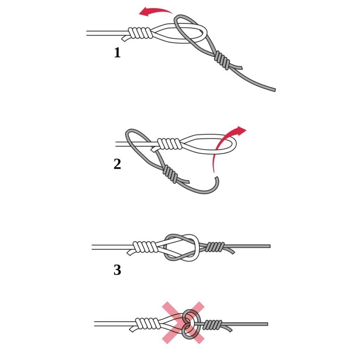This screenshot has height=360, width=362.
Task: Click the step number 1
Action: click(x=117, y=53)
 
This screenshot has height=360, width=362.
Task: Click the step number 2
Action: click(x=117, y=164)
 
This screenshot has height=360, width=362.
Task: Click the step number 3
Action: click(x=117, y=270)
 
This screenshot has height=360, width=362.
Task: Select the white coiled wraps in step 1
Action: click(x=140, y=33)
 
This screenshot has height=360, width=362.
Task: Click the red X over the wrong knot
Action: click(x=183, y=323)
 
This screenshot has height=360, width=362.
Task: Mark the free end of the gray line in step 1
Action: click(x=273, y=89)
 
